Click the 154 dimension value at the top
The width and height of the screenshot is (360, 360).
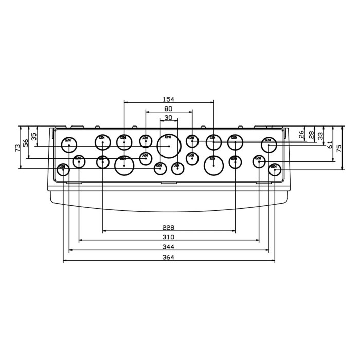point(169,99)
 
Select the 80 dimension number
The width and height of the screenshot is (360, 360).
point(169,109)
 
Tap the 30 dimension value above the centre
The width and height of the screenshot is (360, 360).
point(168,118)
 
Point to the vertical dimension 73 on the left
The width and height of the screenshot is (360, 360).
point(17,147)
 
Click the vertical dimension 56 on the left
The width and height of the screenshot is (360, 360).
point(26,142)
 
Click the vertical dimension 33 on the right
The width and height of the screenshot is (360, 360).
point(320,136)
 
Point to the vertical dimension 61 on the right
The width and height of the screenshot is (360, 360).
point(330,144)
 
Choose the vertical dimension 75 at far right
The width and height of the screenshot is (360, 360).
point(339,148)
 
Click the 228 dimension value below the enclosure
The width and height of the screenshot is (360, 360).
point(168,228)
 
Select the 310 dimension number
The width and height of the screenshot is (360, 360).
point(168,237)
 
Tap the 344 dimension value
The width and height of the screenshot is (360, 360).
point(168,247)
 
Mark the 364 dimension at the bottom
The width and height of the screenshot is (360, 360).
point(168,258)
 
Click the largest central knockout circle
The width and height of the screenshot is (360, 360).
point(169,145)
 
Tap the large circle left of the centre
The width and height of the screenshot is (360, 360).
point(124,165)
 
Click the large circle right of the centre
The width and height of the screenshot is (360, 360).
point(213,165)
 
